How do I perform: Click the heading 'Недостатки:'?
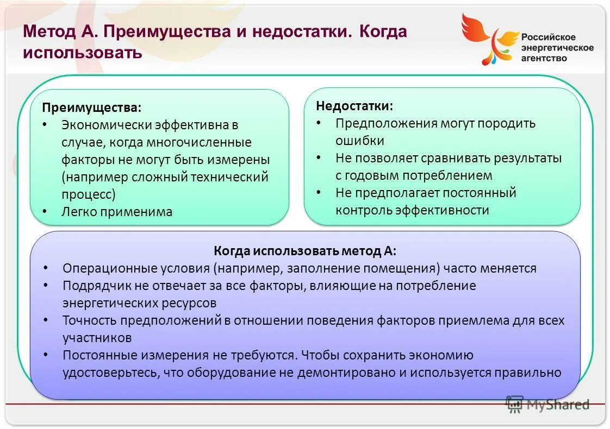[x=354, y=105]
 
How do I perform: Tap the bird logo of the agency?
[x=487, y=38]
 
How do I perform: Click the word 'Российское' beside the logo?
[x=548, y=37]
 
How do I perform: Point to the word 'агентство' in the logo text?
[x=544, y=58]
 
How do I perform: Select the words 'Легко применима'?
[x=117, y=212]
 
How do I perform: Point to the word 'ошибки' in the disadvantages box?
[x=359, y=141]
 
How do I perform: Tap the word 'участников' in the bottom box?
[x=97, y=338]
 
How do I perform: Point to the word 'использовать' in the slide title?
[x=83, y=53]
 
